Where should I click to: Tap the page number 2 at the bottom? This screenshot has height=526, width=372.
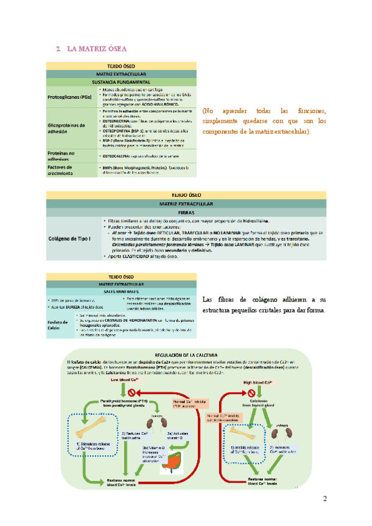point(324,499)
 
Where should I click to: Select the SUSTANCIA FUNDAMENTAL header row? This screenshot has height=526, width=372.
point(122,82)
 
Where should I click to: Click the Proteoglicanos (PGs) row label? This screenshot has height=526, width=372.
point(69,97)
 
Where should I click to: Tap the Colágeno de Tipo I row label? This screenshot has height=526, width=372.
point(69,238)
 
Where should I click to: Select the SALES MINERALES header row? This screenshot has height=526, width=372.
point(122,291)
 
